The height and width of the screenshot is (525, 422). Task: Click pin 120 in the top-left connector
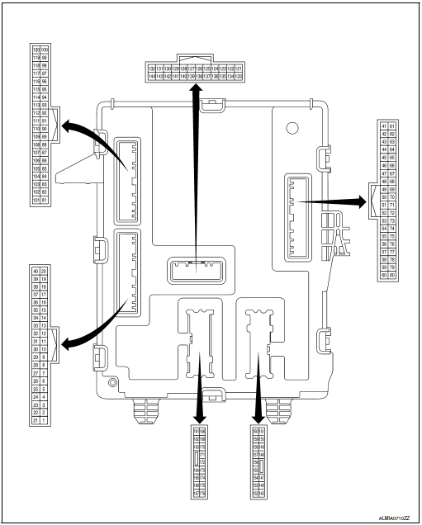36,50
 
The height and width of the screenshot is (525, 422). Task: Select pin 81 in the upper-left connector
45,200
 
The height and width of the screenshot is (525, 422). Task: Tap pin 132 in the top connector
151,68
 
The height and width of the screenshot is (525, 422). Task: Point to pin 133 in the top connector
239,76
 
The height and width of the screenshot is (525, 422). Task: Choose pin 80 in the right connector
392,275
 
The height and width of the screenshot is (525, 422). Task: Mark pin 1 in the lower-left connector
45,420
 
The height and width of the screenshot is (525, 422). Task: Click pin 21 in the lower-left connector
36,420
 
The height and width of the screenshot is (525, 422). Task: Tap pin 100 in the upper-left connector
45,50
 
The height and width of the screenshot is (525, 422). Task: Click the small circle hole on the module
291,129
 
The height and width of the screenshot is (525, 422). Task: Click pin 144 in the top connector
151,76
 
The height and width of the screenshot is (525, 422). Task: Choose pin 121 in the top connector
239,68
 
